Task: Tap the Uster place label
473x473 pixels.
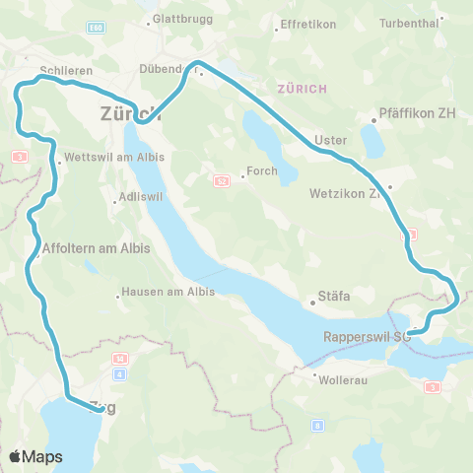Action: point(330,140)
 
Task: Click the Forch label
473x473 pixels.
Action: point(262,170)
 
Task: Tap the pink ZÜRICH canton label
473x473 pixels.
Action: point(303,89)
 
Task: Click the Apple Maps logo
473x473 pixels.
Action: point(35,456)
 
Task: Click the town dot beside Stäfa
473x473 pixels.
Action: point(312,303)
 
